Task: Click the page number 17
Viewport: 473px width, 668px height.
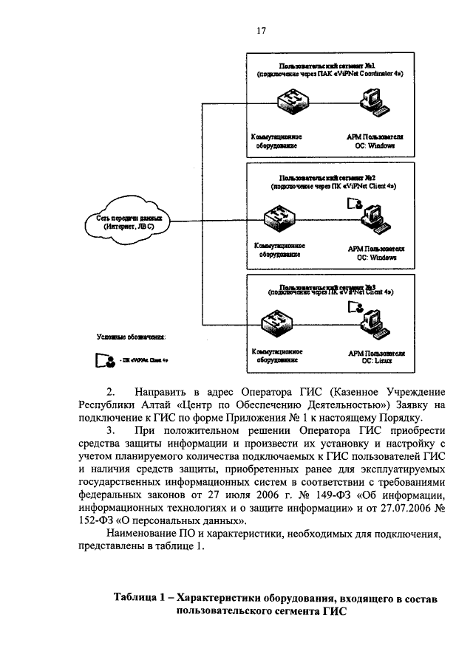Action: (261, 30)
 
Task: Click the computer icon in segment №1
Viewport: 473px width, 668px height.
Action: (370, 104)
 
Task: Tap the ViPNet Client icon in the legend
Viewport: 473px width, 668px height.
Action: (102, 361)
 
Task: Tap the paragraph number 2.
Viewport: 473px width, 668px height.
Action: (111, 391)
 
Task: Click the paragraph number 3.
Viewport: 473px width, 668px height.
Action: (111, 430)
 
